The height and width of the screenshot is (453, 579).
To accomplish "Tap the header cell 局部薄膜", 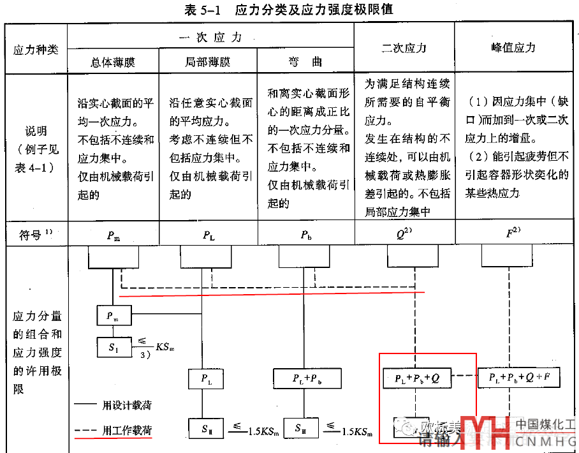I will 209,63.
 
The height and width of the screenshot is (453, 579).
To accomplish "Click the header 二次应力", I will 404,48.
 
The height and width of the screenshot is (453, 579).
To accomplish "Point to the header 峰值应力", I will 514,48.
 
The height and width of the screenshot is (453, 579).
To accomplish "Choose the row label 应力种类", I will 36,49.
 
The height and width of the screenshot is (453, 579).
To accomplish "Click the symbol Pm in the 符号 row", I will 113,235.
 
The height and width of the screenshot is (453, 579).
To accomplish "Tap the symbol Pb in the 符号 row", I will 306,235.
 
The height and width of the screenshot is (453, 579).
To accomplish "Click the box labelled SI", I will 114,348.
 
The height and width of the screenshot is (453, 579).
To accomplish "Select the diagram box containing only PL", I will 207,378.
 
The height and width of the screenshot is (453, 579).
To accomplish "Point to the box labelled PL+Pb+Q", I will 417,378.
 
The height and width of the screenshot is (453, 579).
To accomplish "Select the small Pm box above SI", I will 113,315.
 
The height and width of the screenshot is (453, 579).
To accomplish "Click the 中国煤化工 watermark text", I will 545,424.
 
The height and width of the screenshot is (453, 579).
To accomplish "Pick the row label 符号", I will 32,235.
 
